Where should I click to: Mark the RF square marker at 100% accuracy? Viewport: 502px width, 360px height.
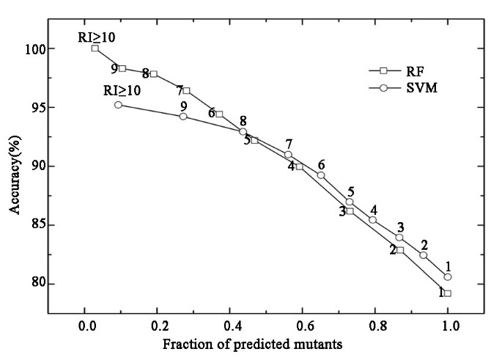tap(95, 48)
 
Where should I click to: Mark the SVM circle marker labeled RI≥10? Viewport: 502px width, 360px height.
tap(118, 105)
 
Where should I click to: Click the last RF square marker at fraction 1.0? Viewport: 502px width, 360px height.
tap(448, 293)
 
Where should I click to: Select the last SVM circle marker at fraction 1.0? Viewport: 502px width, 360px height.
tap(448, 276)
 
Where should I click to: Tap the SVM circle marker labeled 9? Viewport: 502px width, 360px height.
tap(183, 116)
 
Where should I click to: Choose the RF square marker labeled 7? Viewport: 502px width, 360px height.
tap(186, 90)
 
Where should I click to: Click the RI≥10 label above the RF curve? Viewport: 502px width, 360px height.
tap(97, 36)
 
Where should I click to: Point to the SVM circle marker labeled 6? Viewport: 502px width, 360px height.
tap(321, 175)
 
